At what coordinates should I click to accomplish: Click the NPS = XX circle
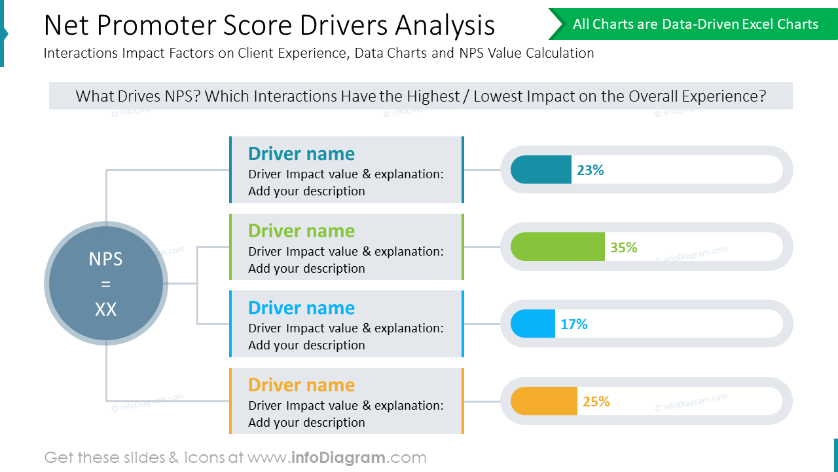tap(106, 283)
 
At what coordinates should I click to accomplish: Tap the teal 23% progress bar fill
tap(541, 170)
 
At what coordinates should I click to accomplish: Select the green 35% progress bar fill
tap(557, 247)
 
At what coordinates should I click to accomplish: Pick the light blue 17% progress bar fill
tap(533, 324)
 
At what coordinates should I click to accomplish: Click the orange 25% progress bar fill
tap(544, 401)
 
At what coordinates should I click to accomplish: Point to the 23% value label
tap(590, 170)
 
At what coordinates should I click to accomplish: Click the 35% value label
tap(623, 247)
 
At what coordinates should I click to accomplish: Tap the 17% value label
tap(574, 324)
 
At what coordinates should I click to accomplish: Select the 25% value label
tap(596, 401)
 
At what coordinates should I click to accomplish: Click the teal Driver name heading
tap(301, 153)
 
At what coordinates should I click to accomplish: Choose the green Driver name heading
tap(301, 231)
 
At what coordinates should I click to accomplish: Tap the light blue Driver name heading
tap(301, 307)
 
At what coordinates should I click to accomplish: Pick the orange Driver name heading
tap(301, 385)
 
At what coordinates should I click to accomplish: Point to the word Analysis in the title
tap(445, 26)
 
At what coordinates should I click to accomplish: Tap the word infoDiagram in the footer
tap(338, 458)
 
